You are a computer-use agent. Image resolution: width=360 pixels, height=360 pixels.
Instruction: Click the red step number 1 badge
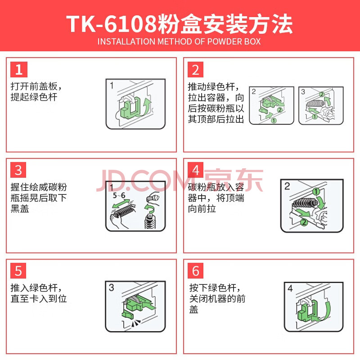coord(19,70)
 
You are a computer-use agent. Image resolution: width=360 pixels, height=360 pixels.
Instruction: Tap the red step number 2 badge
coord(195,70)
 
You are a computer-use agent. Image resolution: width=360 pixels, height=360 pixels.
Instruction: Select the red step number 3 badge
coord(18,170)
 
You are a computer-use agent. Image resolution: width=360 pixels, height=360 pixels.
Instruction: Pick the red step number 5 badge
coord(18,271)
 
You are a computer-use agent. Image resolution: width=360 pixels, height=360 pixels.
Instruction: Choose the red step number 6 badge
coord(195,271)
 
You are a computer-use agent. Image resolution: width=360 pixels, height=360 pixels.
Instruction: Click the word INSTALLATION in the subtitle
coord(126,41)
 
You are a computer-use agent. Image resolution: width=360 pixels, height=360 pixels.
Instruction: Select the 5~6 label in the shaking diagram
coord(119,195)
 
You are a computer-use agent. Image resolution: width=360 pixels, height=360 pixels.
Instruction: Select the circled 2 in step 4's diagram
coord(304,222)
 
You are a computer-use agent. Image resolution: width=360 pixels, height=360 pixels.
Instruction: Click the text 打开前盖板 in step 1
coord(34,86)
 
